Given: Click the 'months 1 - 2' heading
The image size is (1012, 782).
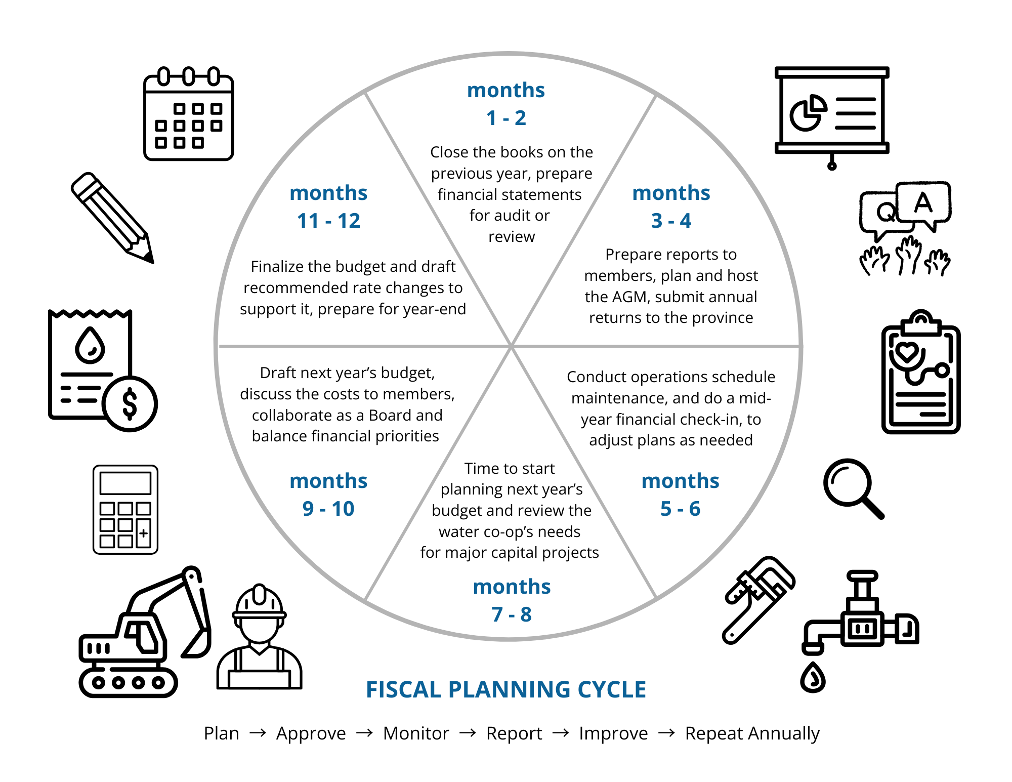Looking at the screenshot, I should point(506,104).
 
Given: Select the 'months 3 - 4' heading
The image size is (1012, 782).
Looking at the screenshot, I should point(671,207).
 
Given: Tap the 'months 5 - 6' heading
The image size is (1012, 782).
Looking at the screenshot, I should point(680,495).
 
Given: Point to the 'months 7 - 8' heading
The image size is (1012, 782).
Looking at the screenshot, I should point(512,600).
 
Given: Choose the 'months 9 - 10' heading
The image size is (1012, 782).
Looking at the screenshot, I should point(328,495).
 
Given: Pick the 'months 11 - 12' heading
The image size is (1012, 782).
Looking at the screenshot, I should point(328,207).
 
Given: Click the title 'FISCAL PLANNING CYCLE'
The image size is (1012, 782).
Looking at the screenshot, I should point(506,689).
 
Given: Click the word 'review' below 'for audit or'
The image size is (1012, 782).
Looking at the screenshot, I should point(512,237).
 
